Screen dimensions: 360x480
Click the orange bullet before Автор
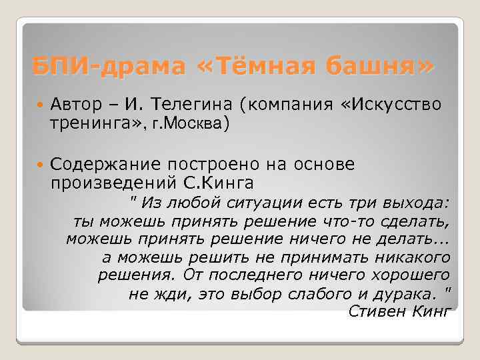39,105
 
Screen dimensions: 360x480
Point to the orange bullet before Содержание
39,165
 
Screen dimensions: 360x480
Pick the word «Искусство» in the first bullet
383,105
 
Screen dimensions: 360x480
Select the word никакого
417,257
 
